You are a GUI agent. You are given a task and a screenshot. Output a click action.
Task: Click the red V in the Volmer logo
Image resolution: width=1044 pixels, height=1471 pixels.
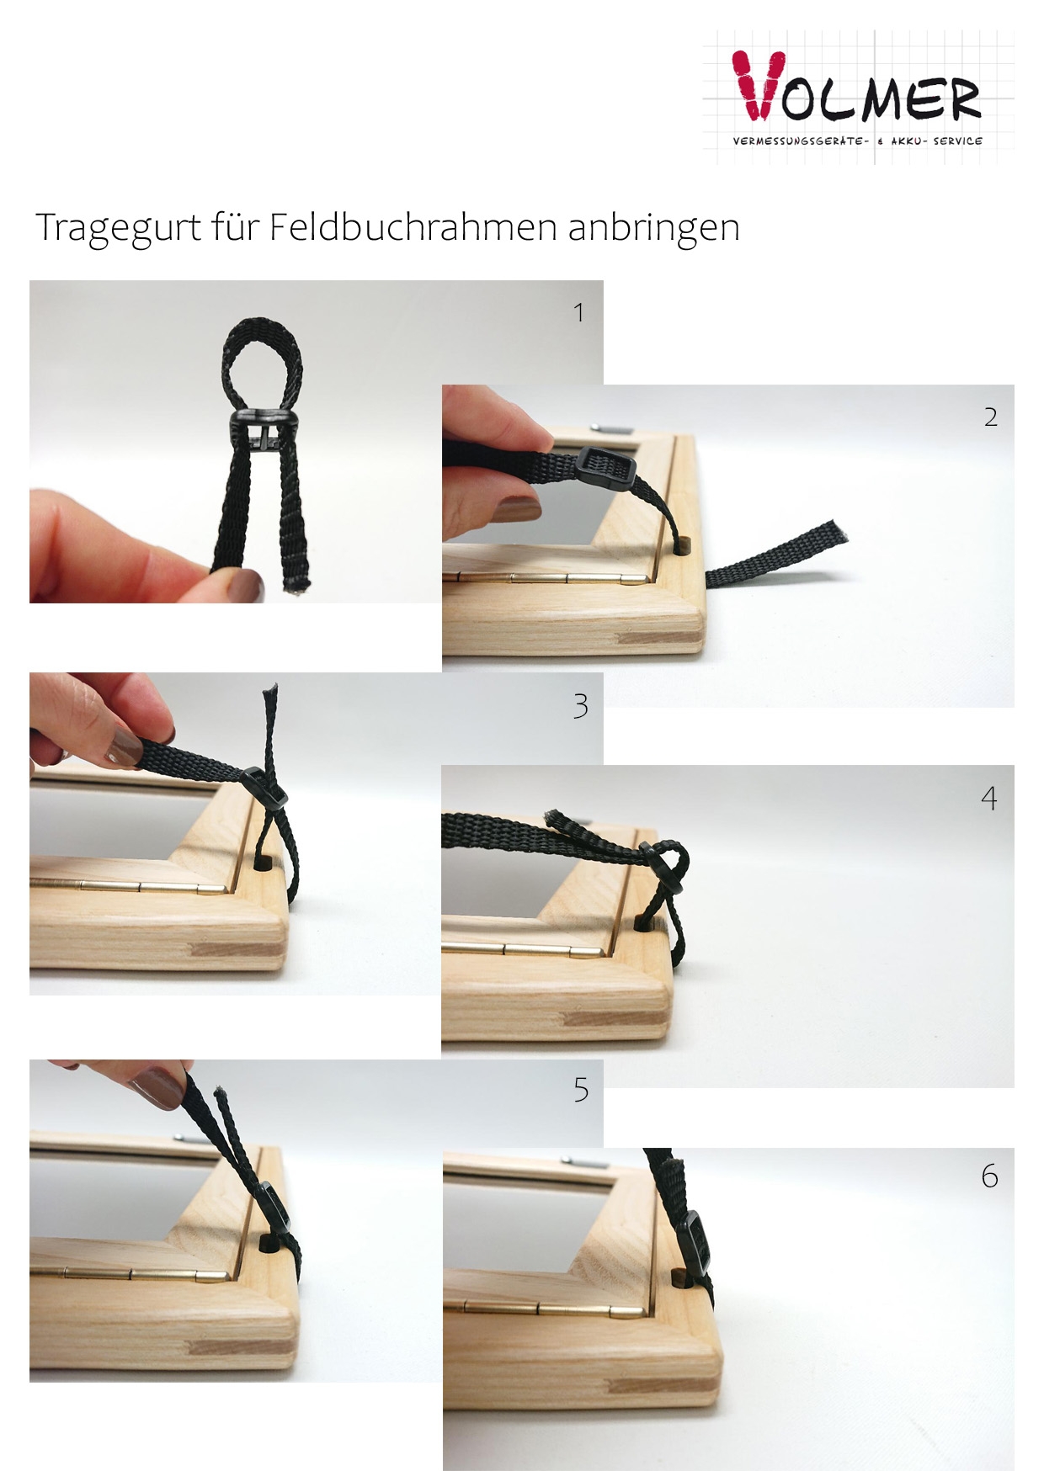point(758,84)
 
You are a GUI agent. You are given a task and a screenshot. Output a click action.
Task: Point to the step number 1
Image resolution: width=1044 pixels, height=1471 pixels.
point(578,313)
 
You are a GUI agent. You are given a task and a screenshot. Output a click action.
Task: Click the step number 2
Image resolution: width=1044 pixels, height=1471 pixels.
point(991,417)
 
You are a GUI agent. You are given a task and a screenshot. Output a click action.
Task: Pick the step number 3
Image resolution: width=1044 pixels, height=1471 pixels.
point(580,706)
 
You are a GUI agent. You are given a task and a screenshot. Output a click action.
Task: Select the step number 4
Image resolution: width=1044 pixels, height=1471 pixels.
point(989,798)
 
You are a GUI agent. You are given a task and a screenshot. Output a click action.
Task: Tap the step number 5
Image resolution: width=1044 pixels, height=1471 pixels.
point(581,1090)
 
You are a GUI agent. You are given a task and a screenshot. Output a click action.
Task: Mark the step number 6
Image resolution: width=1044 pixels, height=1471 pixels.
point(990,1176)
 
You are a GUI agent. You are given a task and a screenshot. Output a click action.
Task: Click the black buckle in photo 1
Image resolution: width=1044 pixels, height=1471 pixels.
point(258,430)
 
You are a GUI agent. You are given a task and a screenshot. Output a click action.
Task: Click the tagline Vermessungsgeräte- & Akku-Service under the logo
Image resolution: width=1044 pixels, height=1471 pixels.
point(857,141)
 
